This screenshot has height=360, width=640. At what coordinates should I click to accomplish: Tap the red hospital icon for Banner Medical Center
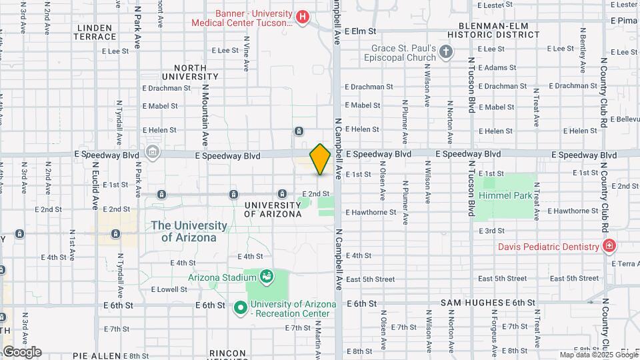coord(303,17)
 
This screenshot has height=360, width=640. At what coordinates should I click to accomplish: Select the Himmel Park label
coord(505,196)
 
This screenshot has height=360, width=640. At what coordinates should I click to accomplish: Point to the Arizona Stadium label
coord(222,277)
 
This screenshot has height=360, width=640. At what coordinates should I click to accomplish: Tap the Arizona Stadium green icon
coord(267,276)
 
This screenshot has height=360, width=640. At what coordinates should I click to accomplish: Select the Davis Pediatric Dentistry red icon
coord(608,247)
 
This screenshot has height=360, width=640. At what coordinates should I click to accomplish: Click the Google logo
coord(21,351)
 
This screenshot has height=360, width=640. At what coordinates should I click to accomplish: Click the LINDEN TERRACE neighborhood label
coord(97,32)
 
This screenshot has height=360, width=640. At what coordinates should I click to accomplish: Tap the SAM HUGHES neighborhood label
coord(472,303)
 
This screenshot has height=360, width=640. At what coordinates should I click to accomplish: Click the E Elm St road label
coord(361,31)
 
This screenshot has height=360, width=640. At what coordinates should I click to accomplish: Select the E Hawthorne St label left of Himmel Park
coord(371,212)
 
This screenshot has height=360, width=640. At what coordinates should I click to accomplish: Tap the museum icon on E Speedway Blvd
coord(153,153)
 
